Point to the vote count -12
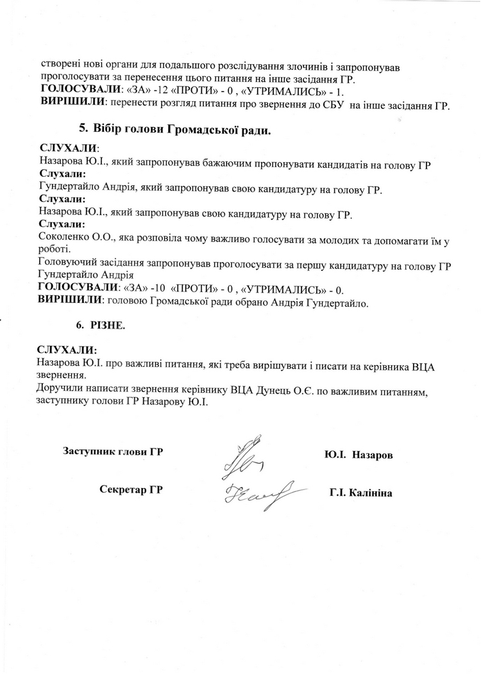tap(153, 91)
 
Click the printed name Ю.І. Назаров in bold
tap(359, 454)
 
